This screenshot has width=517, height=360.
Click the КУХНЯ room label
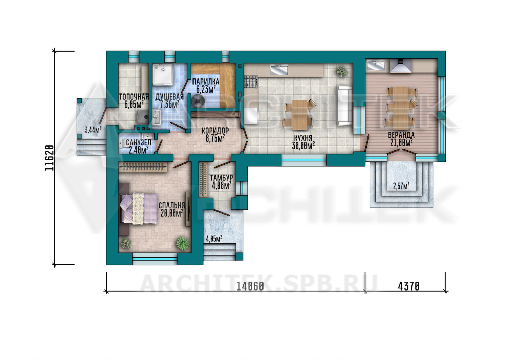pos(303,138)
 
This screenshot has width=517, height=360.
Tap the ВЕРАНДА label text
pos(401,135)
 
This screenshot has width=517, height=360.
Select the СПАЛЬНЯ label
pos(172,205)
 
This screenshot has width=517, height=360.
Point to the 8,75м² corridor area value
pos(215,138)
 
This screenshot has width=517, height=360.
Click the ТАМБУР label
pos(221,178)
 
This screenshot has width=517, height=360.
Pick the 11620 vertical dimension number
pos(49,158)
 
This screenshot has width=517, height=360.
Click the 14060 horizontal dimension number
pos(250,287)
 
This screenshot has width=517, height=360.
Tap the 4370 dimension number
pos(408,287)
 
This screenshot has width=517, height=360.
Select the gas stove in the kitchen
pos(251,82)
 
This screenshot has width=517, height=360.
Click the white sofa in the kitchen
pos(345,106)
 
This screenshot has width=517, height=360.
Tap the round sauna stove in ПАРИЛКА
pos(198,100)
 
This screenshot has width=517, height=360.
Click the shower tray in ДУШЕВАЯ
pos(163,75)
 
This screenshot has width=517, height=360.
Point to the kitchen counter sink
pos(279,70)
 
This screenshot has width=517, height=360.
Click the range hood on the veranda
pos(401,66)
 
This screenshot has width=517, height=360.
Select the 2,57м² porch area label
pos(401,186)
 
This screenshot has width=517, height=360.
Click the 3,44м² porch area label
pos(93,130)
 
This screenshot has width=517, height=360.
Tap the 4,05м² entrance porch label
pos(214,239)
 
